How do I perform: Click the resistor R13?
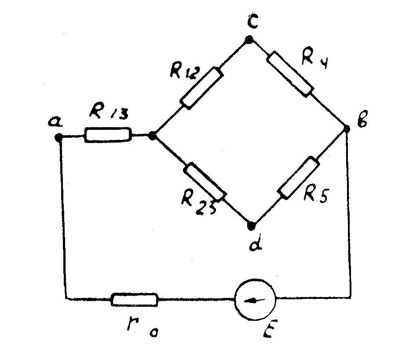pos(108,135)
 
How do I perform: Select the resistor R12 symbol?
pos(200,88)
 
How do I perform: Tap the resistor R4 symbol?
pos(291,73)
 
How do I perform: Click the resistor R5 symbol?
pos(298,178)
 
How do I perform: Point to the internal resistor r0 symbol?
pos(134,300)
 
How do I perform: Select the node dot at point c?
pos(249,40)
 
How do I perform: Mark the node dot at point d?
pos(251,226)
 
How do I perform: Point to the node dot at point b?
pos(346,129)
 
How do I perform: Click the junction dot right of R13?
pos(152,136)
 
